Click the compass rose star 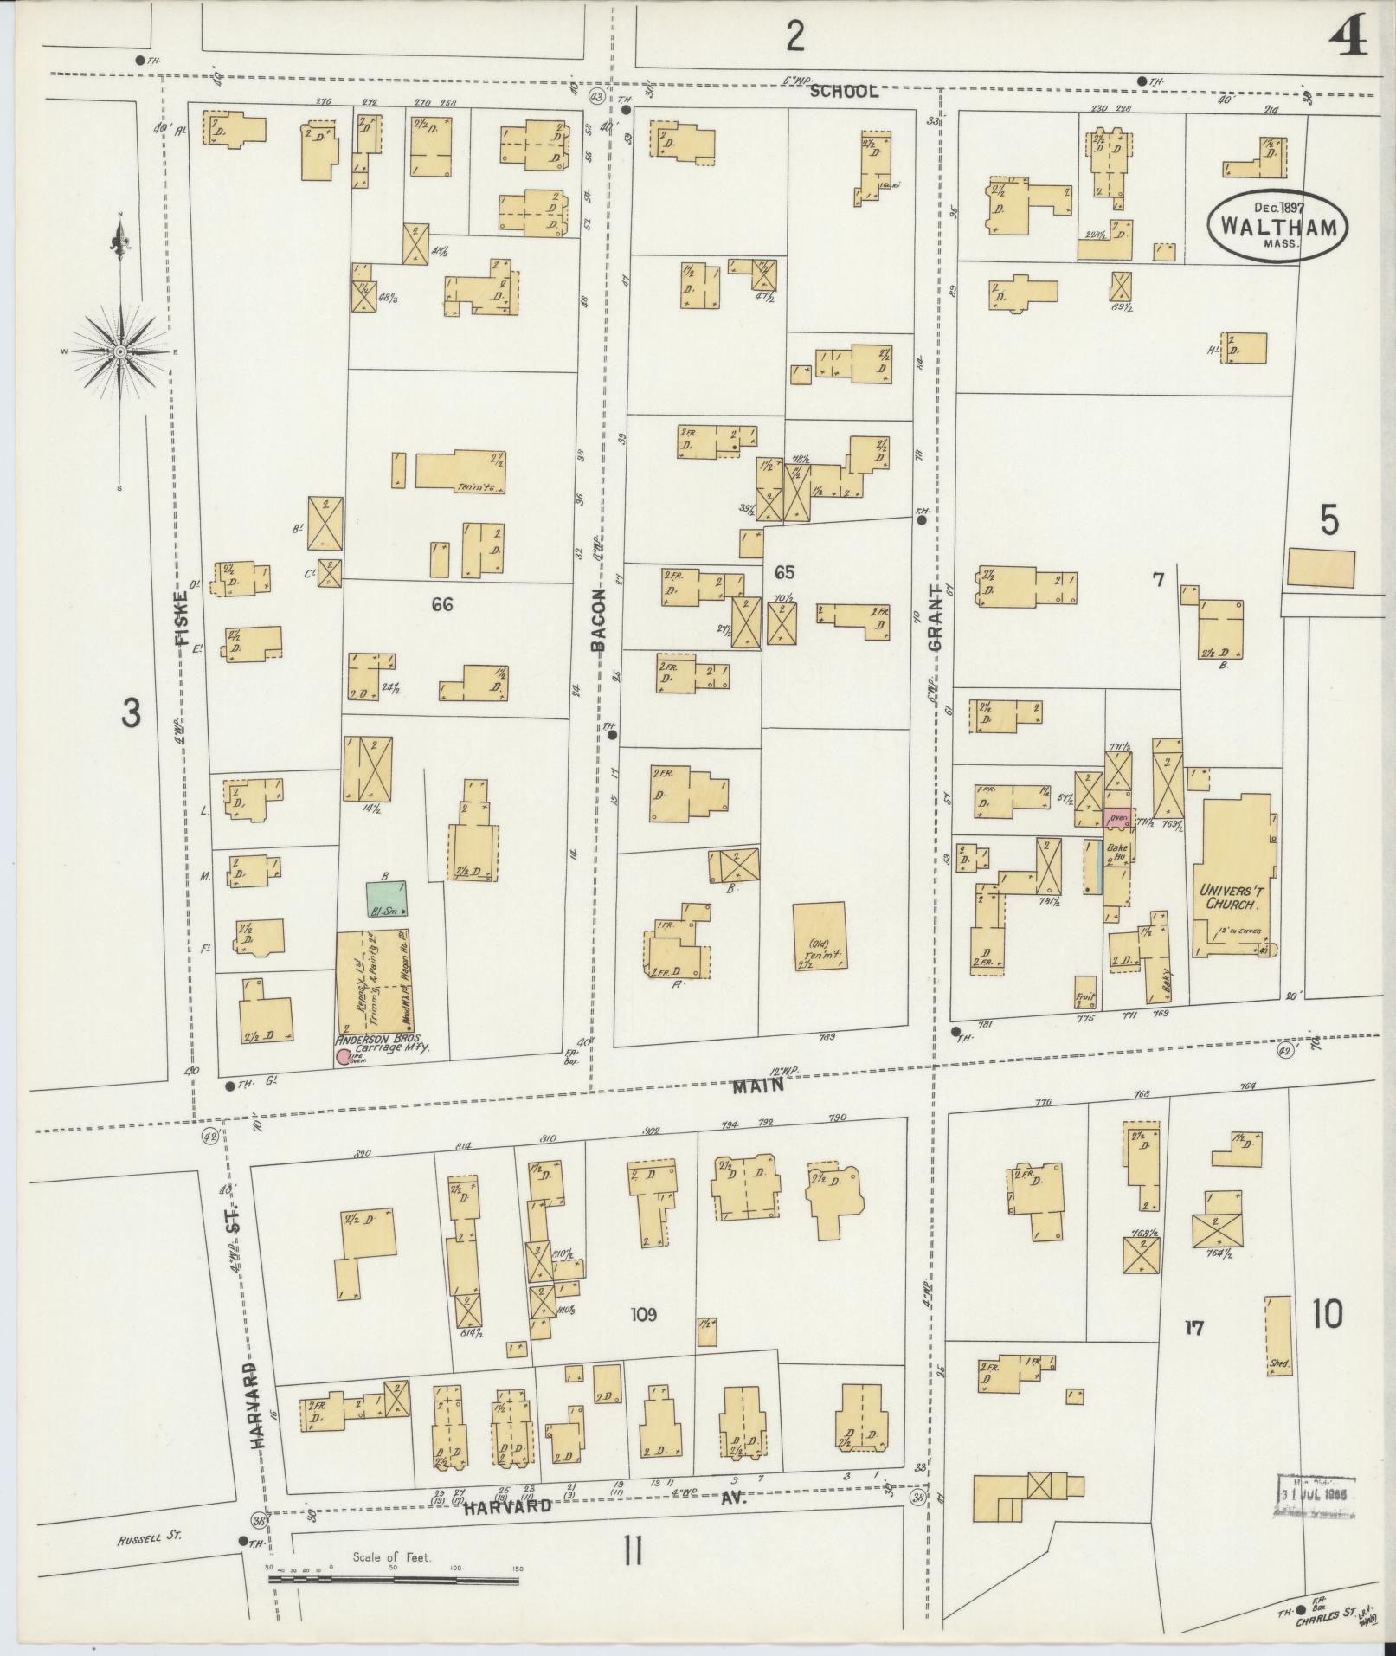click(x=120, y=351)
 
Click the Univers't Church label click(x=1228, y=897)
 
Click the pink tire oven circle click(x=343, y=1056)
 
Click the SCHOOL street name click(x=846, y=91)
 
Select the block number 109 click(x=644, y=1339)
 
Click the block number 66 click(x=442, y=605)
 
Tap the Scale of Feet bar click(x=394, y=1580)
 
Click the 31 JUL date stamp click(x=1316, y=1497)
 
